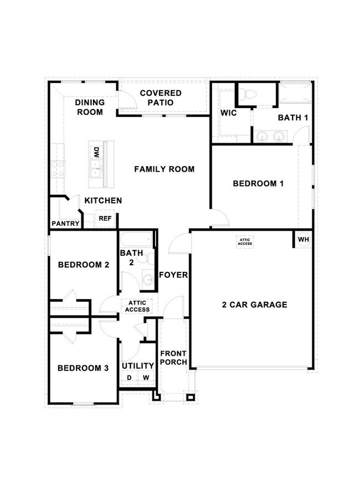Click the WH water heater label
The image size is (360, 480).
coord(303,240)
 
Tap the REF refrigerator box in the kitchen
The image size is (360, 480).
coord(105,219)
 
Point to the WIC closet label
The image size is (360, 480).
coord(229,112)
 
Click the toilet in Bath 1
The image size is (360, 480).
coord(248,95)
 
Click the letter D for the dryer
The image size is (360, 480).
coord(129,378)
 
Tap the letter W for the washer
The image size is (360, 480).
coord(146,378)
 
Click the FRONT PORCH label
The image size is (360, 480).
coord(173,358)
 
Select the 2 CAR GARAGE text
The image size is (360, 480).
coord(255,304)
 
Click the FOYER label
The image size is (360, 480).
coord(173,275)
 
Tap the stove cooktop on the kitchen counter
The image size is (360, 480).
coord(58,168)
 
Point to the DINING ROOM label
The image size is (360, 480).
coord(89,107)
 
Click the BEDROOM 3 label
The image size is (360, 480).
coord(83,368)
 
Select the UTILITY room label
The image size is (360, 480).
coord(138,366)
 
